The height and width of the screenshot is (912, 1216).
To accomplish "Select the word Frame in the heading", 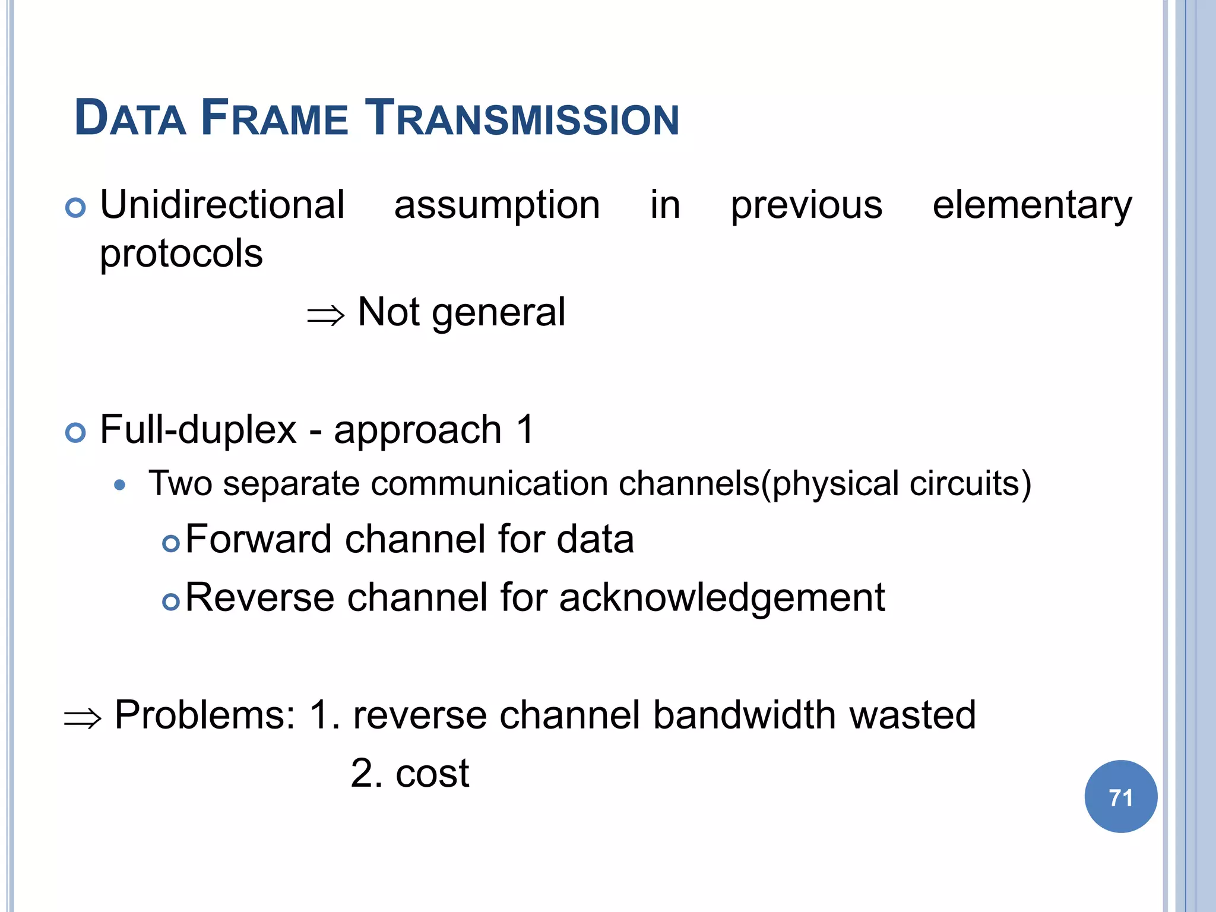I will [x=274, y=118].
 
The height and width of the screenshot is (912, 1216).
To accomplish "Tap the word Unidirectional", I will [x=222, y=205].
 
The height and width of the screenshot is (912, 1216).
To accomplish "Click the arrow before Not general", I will [x=325, y=315].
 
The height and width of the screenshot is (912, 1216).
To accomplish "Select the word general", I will [x=499, y=313].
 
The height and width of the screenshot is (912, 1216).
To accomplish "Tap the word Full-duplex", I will [x=198, y=429].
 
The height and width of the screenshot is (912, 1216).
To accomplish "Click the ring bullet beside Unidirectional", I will [x=75, y=208].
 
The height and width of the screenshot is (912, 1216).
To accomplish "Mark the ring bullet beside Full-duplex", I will [x=75, y=433].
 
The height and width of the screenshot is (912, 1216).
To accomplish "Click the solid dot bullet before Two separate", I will [x=120, y=485].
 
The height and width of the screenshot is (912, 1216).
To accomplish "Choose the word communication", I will [x=489, y=483].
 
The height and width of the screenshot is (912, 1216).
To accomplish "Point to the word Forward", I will [x=259, y=539].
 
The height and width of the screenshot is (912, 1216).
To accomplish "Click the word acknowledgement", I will [x=721, y=597].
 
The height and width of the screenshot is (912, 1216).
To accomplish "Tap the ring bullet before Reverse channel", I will [x=171, y=602].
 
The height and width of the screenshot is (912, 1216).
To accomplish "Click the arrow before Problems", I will [x=83, y=718].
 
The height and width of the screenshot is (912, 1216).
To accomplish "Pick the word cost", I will [x=432, y=773].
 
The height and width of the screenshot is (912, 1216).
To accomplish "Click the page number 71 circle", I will [x=1120, y=797].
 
